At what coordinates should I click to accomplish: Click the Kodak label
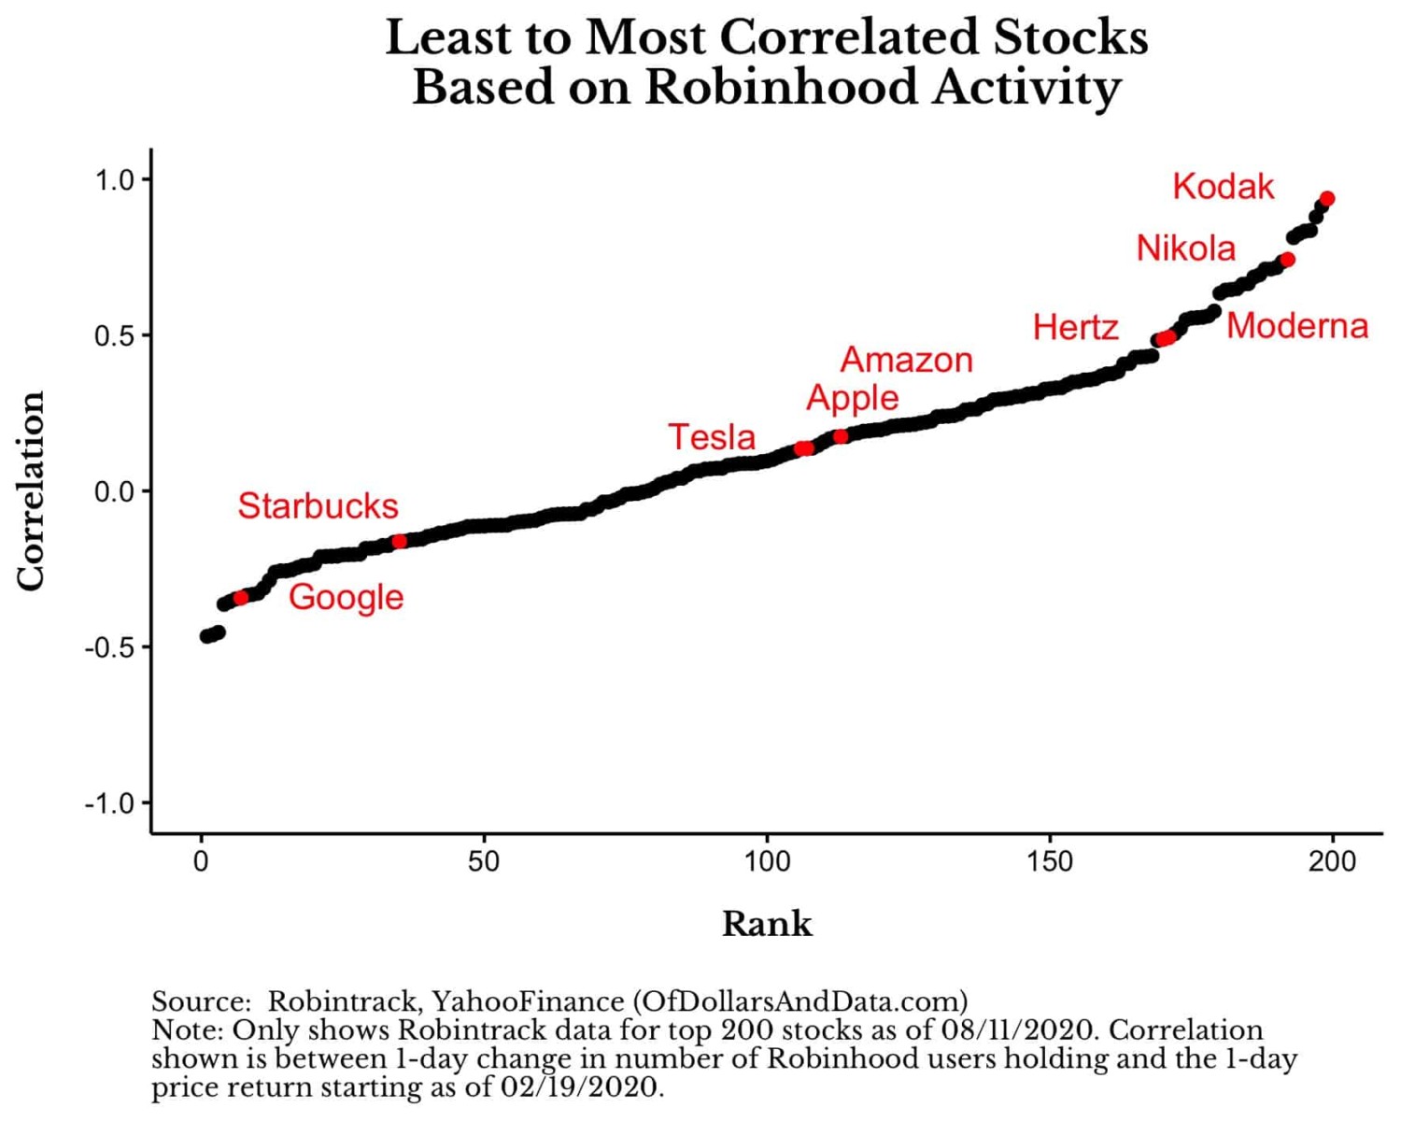tap(1223, 187)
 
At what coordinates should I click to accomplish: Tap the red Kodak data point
tap(1327, 199)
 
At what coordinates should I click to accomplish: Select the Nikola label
tap(1185, 248)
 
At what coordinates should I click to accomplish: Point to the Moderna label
tap(1296, 326)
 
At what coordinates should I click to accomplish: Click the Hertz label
tap(1075, 328)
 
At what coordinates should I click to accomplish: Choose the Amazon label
tap(906, 360)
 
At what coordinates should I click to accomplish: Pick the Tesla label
tap(712, 437)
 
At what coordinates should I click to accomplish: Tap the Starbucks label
tap(318, 506)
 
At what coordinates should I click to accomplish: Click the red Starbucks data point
tap(400, 541)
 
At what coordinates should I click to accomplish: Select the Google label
tap(346, 597)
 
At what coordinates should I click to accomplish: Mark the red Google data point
tap(241, 598)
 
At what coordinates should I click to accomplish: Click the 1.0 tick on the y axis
tap(114, 179)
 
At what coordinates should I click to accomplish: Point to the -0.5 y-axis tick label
tap(109, 647)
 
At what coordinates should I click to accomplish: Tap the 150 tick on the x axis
tap(1050, 861)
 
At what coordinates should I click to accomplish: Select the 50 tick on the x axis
tap(484, 861)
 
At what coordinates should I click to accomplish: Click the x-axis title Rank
tap(767, 924)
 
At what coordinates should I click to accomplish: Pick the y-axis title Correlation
tap(32, 490)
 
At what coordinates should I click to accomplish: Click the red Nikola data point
tap(1287, 260)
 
